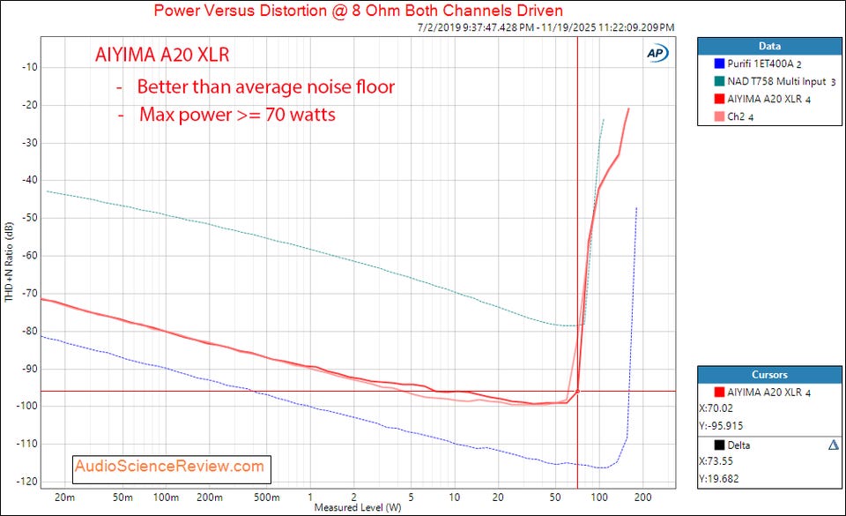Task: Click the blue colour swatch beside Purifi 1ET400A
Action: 709,64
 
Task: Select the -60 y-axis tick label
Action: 26,256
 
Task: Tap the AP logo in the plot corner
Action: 656,52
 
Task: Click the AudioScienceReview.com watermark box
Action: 170,466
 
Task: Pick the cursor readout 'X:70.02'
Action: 720,408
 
